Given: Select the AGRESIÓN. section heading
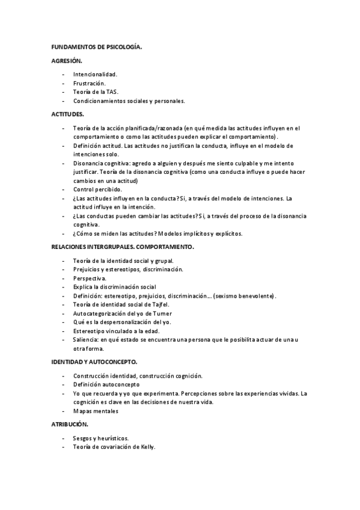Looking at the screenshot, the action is [x=67, y=61].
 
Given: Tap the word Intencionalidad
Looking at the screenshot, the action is [x=96, y=75].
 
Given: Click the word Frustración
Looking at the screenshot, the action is [x=90, y=83].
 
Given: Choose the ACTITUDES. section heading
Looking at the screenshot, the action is [x=68, y=114].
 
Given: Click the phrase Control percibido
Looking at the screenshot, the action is [x=97, y=189].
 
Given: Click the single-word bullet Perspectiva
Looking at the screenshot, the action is [x=90, y=278].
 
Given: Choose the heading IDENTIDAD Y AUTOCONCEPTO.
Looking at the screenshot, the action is [x=94, y=362].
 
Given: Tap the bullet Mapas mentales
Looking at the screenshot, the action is [x=96, y=411].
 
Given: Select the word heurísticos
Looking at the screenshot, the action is [x=111, y=438].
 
